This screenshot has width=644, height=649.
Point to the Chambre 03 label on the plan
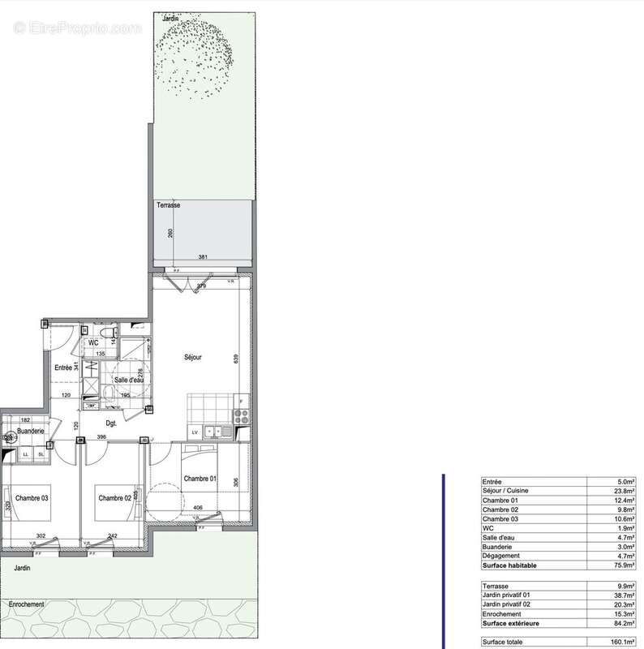[x=30, y=497]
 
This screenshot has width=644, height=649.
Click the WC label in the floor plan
[x=94, y=343]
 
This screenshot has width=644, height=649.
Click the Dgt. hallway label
[x=112, y=423]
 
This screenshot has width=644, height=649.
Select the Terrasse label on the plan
[x=168, y=206]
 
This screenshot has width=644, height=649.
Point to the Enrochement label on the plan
[x=27, y=604]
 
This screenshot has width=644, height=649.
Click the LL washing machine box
[x=26, y=454]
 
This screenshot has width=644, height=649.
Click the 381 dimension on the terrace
[x=203, y=258]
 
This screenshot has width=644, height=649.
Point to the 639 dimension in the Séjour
[x=236, y=358]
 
